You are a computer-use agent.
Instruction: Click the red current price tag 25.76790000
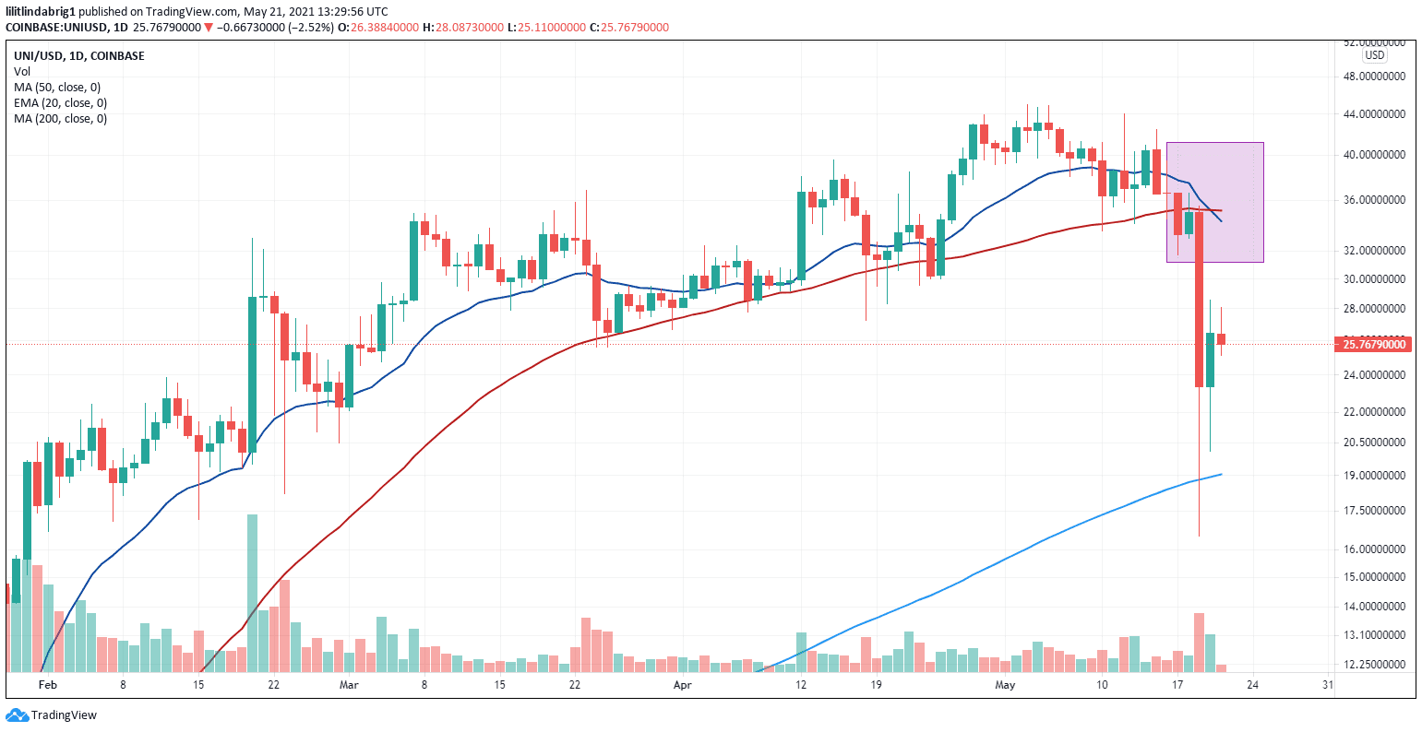(1372, 345)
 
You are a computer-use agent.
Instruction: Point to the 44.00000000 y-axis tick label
(1372, 115)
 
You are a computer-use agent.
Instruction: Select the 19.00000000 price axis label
(1372, 476)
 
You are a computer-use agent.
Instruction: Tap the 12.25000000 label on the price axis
(1372, 665)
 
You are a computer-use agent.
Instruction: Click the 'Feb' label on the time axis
(48, 686)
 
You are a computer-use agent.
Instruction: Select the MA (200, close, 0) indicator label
(60, 118)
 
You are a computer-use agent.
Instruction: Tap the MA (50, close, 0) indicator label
(56, 88)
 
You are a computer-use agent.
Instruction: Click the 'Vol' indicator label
(21, 71)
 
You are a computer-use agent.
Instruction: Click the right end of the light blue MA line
(1220, 475)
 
